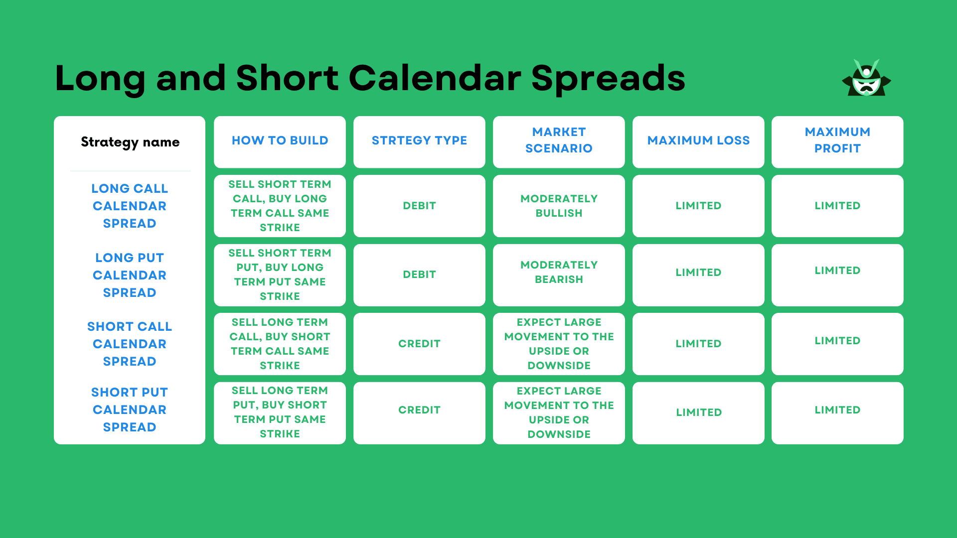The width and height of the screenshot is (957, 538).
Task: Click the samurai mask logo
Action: pyautogui.click(x=866, y=78)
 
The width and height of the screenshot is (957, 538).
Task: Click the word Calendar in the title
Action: pyautogui.click(x=435, y=78)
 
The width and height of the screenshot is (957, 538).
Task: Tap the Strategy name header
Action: pyautogui.click(x=130, y=142)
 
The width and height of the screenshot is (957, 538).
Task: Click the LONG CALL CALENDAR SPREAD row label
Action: pyautogui.click(x=130, y=206)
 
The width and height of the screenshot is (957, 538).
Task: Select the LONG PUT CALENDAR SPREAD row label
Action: pyautogui.click(x=130, y=275)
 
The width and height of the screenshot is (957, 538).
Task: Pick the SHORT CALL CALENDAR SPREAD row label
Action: pyautogui.click(x=130, y=344)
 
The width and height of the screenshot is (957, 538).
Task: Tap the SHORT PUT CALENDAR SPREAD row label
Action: pyautogui.click(x=130, y=409)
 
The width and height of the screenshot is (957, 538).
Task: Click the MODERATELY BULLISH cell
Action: pyautogui.click(x=559, y=206)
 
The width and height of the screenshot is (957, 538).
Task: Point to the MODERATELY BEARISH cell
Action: pyautogui.click(x=559, y=275)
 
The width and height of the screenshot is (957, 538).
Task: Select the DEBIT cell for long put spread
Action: pyautogui.click(x=419, y=275)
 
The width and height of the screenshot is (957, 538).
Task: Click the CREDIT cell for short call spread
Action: pyautogui.click(x=419, y=344)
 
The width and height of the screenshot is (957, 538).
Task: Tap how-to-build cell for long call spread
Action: pyautogui.click(x=280, y=206)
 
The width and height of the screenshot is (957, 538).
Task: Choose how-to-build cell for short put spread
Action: pyautogui.click(x=280, y=413)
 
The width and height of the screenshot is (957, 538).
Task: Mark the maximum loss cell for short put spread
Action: pyautogui.click(x=698, y=413)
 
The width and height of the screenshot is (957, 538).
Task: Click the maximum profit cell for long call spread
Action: pyautogui.click(x=837, y=206)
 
